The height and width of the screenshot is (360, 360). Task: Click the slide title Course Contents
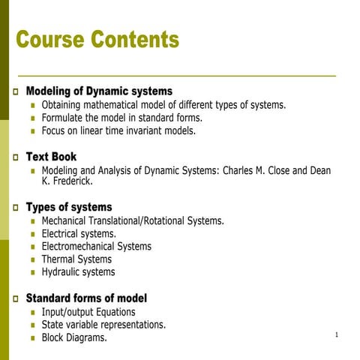97,39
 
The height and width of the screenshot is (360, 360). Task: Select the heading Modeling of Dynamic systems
99,91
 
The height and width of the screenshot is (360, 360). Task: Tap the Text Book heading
51,157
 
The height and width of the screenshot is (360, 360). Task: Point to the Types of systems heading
69,207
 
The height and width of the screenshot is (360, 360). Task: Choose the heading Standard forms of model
86,298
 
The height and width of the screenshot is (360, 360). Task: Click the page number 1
338,334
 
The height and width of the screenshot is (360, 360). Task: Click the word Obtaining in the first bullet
63,105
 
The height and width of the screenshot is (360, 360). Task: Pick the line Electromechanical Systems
96,246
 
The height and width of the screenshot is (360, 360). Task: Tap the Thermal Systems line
76,259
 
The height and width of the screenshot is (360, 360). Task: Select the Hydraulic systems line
78,271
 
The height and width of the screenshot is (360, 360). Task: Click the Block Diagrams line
74,337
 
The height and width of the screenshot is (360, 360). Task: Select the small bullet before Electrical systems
33,234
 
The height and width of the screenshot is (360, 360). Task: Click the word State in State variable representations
54,325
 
